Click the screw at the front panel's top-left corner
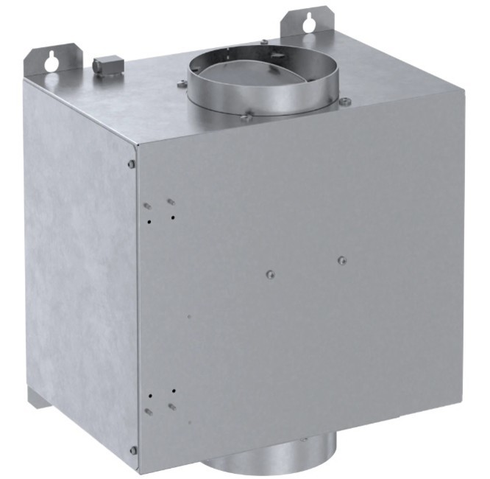tap(132, 164)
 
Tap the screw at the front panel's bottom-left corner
tap(133, 450)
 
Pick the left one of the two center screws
tap(270, 276)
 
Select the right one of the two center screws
tap(341, 260)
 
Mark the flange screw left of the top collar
tap(182, 84)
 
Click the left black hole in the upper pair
tap(149, 220)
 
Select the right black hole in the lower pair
tap(173, 391)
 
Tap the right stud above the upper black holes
tap(170, 201)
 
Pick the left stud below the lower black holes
tap(149, 411)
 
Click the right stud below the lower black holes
tap(172, 406)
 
